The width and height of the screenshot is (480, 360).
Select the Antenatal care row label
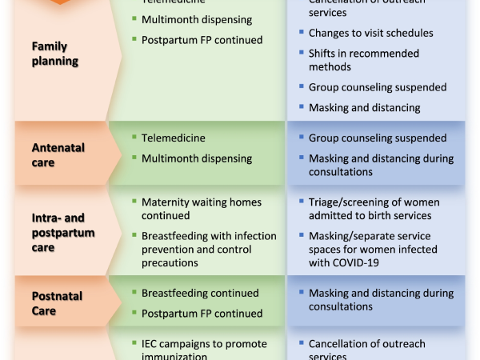58,154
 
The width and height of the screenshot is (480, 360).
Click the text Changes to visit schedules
371,34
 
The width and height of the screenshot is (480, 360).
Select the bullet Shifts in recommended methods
363,61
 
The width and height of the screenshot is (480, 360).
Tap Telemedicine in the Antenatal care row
174,138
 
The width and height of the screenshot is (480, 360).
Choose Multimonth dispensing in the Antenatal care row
197,158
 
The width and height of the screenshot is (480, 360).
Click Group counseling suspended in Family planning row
378,87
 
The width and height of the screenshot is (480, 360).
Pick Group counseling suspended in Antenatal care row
378,138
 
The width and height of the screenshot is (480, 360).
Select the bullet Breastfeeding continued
200,294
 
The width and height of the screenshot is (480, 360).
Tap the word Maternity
166,202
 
